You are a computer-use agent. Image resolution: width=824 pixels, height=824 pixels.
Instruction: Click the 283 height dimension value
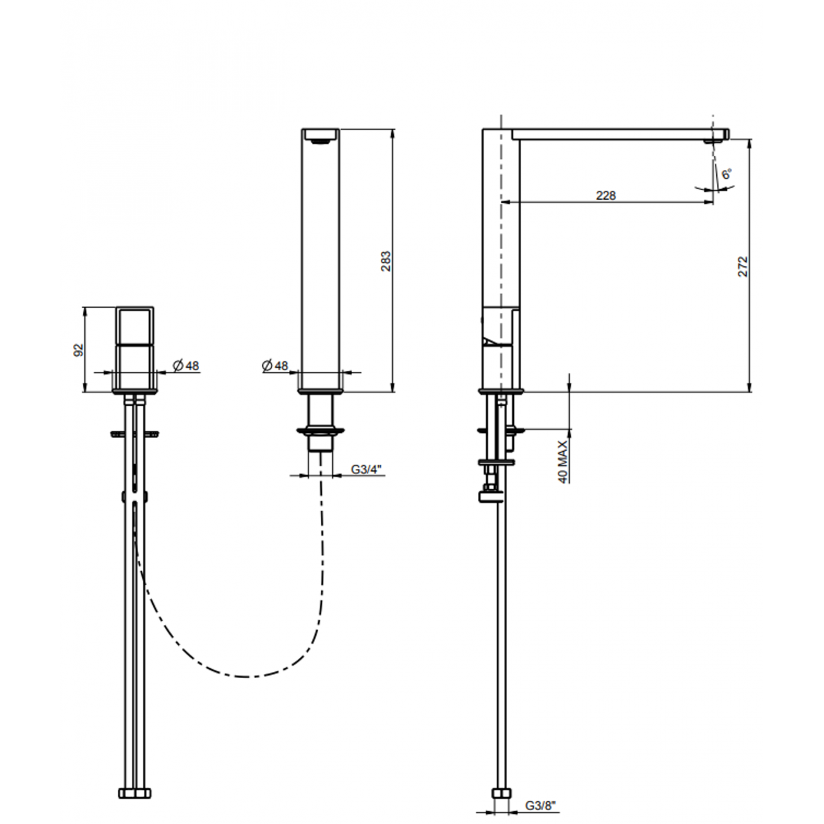pos(385,261)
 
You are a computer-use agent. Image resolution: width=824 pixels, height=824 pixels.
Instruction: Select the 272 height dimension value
pos(743,266)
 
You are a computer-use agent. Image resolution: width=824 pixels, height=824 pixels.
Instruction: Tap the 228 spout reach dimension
pos(605,195)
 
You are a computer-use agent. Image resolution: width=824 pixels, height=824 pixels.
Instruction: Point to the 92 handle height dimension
pos(79,350)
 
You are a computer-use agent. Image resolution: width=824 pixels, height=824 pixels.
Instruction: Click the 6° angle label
pos(726,172)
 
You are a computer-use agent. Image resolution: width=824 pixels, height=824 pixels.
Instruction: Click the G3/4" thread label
pos(366,470)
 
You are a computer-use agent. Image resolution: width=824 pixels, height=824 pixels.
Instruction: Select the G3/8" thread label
pos(540,806)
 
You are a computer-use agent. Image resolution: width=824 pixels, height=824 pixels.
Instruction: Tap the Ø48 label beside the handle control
pos(186,366)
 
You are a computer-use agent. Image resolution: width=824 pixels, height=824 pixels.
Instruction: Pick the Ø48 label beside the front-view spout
pos(274,366)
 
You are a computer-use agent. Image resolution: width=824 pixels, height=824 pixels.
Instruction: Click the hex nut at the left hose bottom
pos(134,792)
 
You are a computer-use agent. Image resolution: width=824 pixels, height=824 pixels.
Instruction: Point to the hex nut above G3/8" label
pos(501,792)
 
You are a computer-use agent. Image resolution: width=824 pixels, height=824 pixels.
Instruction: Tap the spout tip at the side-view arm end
pos(721,134)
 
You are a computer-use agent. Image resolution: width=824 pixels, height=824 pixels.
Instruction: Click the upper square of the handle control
pos(134,326)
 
